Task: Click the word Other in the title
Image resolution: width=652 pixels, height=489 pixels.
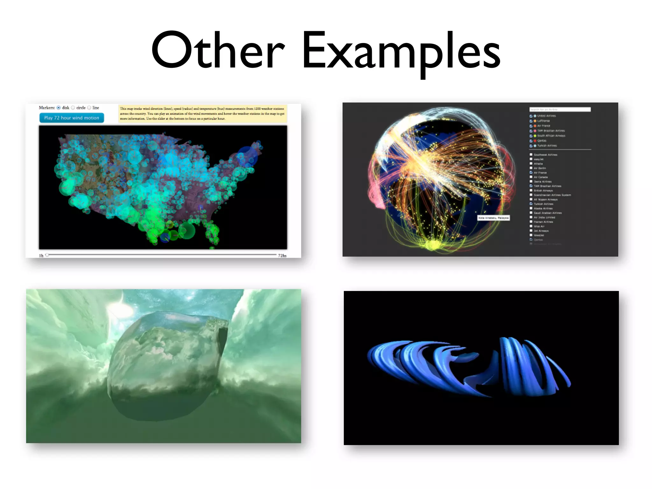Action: click(x=218, y=51)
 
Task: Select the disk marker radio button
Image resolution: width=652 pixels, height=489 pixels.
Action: click(x=59, y=108)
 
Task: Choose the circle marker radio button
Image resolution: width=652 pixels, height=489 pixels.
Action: click(x=73, y=108)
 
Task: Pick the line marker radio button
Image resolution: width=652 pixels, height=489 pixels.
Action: click(x=89, y=108)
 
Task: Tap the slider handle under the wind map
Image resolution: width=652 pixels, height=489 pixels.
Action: click(x=47, y=255)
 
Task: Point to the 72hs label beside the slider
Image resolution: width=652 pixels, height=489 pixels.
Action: click(x=282, y=256)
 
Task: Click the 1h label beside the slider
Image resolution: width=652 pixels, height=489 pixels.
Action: click(x=41, y=256)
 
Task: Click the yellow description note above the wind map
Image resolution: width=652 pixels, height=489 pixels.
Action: click(x=202, y=114)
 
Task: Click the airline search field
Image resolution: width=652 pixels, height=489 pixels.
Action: click(x=560, y=110)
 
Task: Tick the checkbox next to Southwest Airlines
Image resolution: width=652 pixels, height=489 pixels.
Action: click(x=531, y=155)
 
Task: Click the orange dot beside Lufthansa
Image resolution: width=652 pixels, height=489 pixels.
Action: click(x=535, y=121)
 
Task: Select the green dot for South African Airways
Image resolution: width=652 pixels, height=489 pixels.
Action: click(x=535, y=136)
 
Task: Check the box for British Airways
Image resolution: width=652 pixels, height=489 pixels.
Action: click(x=531, y=190)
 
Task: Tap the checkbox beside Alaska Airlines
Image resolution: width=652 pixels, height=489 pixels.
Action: click(x=531, y=208)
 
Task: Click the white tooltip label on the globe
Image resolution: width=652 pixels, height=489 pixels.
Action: click(x=493, y=218)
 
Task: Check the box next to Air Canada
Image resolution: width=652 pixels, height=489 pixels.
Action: click(x=531, y=177)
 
